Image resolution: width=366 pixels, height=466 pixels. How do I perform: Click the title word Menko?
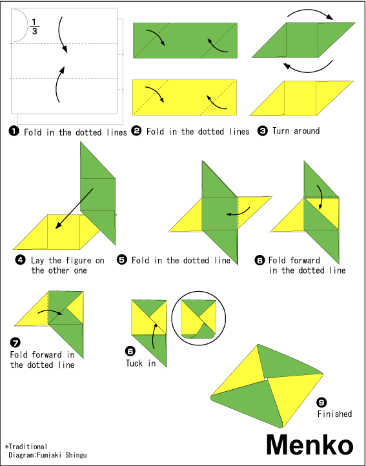point(310,445)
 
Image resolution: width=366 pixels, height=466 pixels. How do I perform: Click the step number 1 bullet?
point(14,132)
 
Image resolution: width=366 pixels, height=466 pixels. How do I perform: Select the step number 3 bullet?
point(263,131)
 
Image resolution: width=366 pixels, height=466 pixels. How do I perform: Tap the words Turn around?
point(296,131)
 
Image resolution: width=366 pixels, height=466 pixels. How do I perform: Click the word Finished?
point(334,414)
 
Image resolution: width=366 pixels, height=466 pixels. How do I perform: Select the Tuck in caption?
point(141,363)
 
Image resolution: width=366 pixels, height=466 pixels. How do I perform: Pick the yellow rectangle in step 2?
point(183,97)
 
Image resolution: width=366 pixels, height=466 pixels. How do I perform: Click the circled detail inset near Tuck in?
point(199,317)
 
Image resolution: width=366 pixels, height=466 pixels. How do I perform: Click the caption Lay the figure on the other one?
point(67,265)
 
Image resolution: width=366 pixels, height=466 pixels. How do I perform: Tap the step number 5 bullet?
point(121,260)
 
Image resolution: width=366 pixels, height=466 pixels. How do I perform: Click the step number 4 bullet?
point(21,260)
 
